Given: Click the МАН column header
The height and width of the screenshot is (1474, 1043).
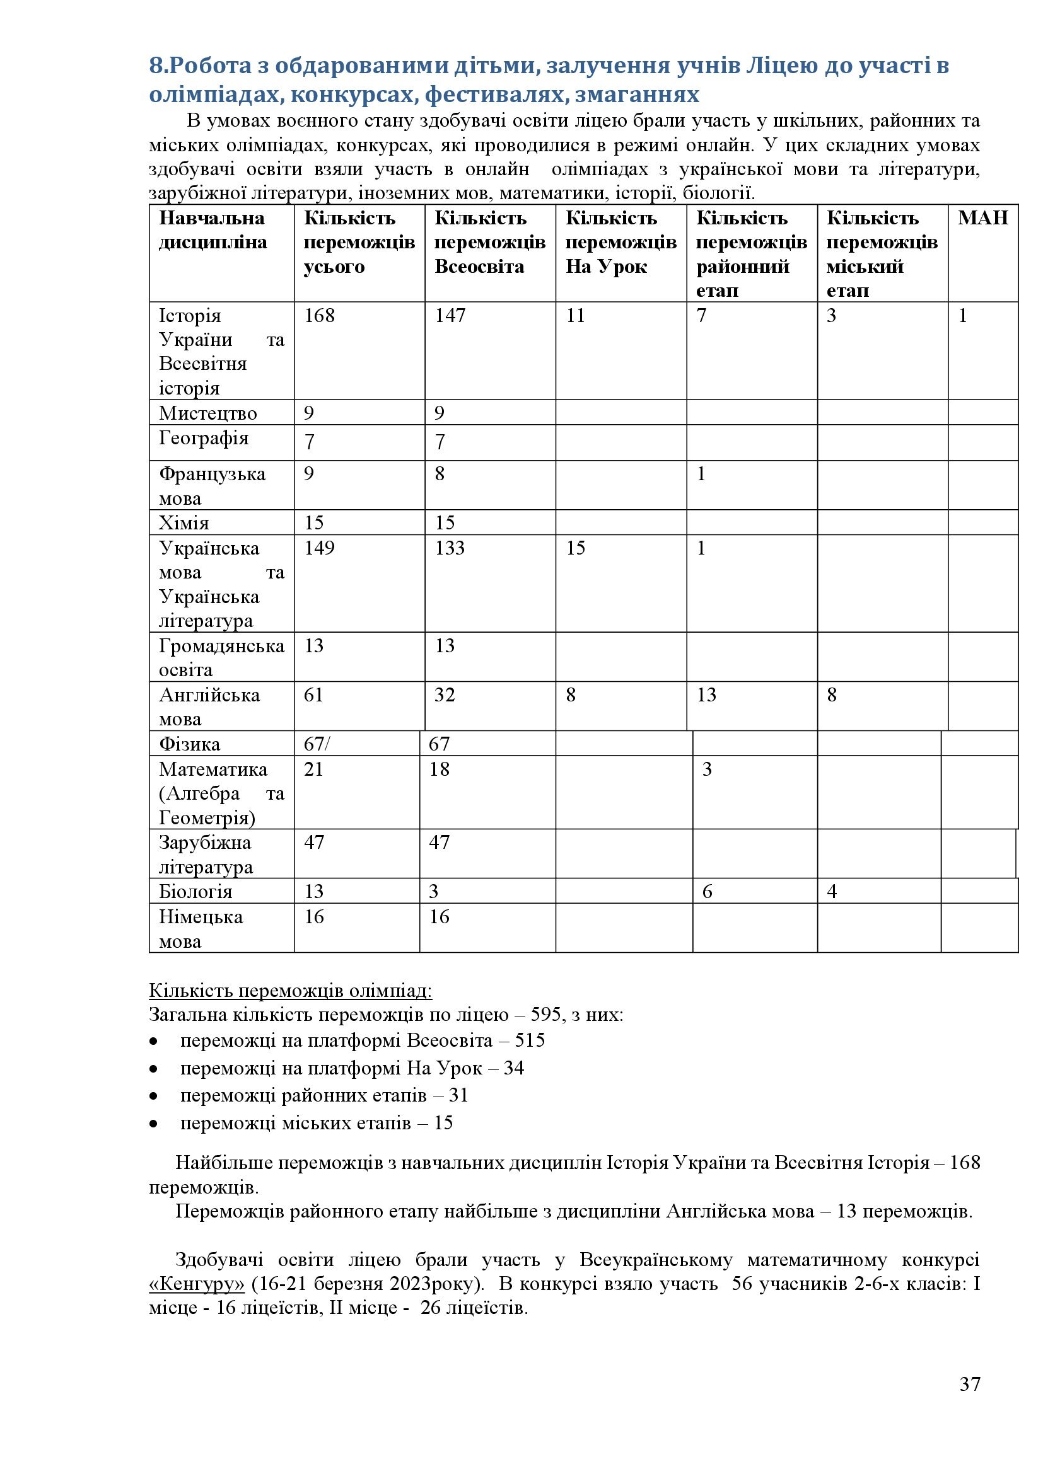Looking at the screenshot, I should pos(982,218).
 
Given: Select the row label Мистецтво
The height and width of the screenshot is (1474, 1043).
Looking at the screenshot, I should pos(207,413).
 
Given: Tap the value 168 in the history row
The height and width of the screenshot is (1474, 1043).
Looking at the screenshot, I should pos(319,316).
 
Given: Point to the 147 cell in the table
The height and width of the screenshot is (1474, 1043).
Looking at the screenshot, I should pos(450,316).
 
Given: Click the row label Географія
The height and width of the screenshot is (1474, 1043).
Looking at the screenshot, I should pos(204,439).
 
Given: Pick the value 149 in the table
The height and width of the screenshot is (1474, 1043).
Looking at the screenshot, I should pos(319,548).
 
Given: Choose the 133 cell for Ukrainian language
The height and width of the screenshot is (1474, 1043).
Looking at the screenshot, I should pos(450,548).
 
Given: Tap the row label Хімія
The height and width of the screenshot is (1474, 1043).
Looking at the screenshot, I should pos(184,523).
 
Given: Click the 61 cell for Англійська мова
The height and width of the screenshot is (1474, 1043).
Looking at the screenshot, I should pos(313,695).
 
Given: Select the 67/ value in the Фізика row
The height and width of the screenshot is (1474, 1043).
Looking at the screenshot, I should pos(317,744).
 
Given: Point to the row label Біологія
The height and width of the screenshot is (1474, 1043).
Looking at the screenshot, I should pos(195,892).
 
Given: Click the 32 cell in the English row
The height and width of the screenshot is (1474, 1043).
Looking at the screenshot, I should pos(445,695).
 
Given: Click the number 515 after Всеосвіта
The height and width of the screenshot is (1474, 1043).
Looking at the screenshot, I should pos(530,1040).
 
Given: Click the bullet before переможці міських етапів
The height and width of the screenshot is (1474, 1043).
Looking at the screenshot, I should pos(153,1124).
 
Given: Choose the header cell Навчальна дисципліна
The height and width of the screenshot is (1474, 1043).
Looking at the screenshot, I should pos(212,230).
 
